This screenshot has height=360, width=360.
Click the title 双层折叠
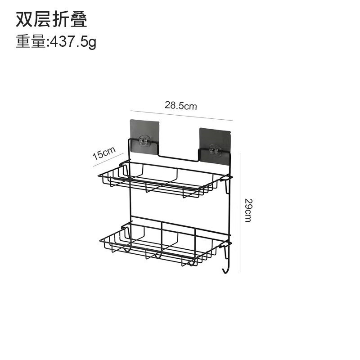pos(51,20)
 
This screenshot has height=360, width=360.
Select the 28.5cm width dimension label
pos(180,106)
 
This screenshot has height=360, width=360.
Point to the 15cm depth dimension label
pos(104,153)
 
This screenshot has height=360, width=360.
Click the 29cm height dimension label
pos(247,210)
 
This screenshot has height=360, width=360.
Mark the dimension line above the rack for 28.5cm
pos(181,115)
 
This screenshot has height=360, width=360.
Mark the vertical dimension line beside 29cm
pos(240,211)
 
